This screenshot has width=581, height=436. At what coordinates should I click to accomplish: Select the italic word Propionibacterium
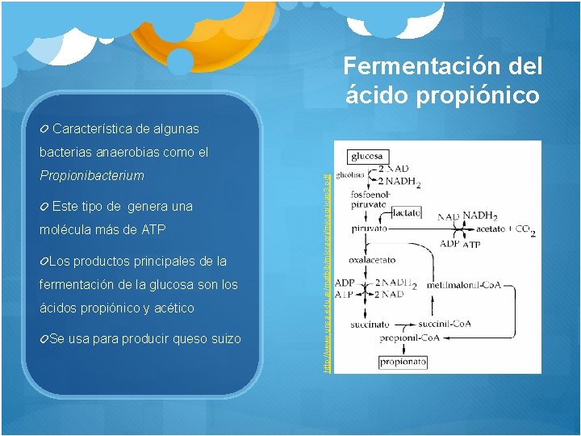pyautogui.click(x=92, y=175)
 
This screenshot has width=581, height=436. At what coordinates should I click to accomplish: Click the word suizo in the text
pyautogui.click(x=224, y=338)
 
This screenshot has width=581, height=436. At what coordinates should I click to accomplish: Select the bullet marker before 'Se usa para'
pyautogui.click(x=44, y=338)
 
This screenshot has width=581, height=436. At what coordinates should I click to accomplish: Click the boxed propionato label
pyautogui.click(x=403, y=363)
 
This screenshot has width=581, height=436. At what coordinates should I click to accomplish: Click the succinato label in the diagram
pyautogui.click(x=369, y=325)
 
